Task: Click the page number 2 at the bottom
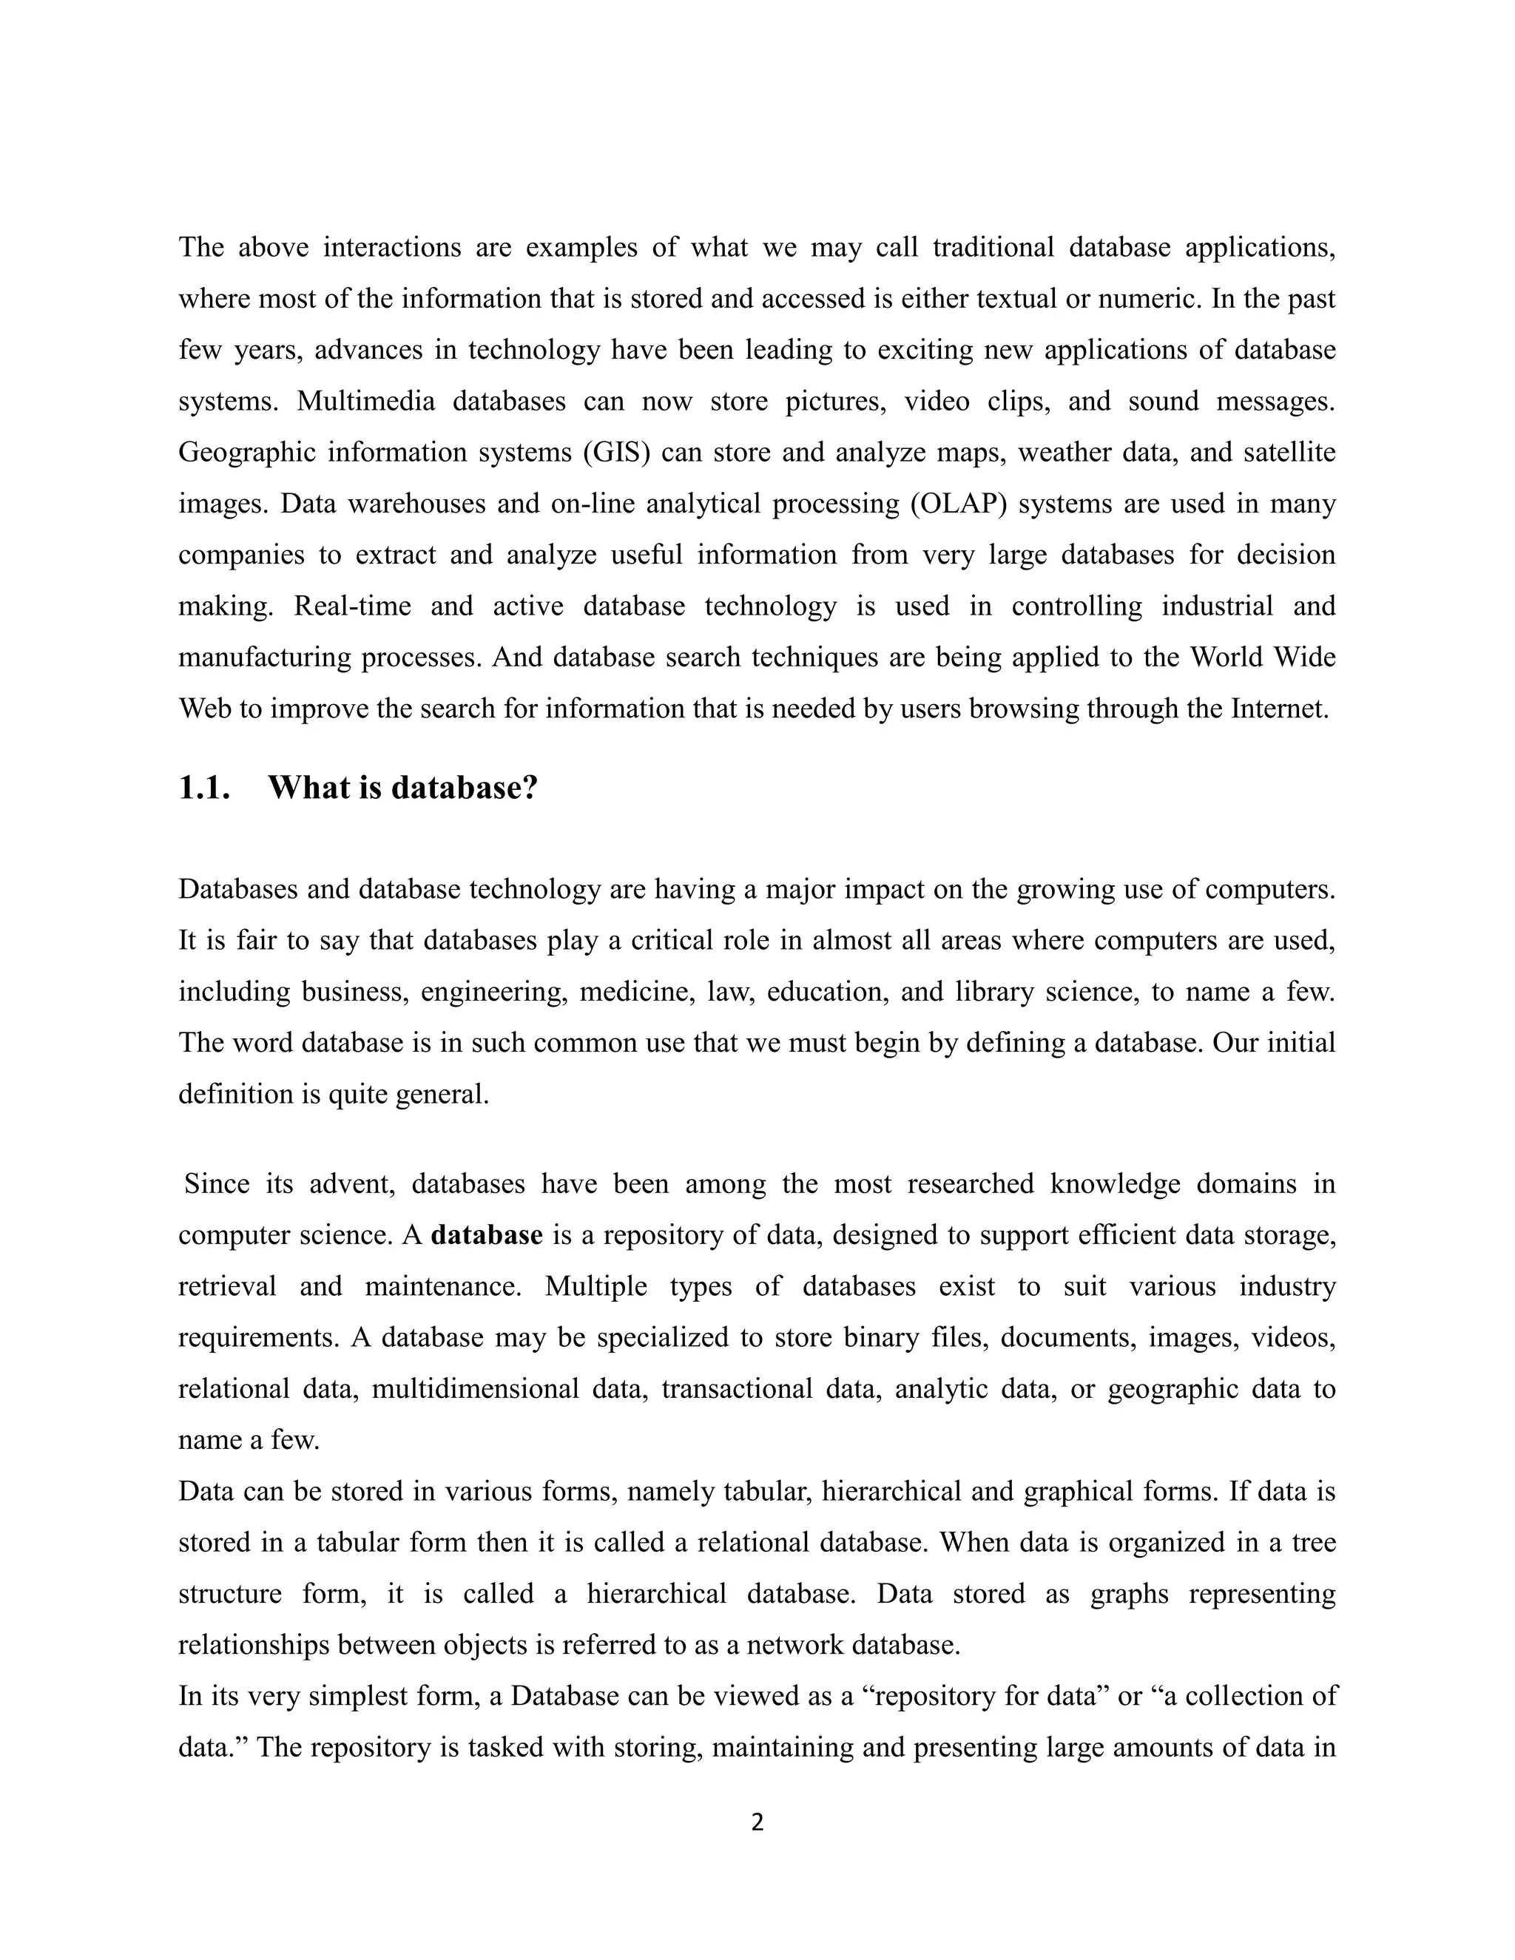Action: [x=757, y=1822]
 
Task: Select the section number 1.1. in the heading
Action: [x=205, y=788]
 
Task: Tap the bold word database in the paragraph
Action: [x=487, y=1236]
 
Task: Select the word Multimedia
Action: [x=365, y=401]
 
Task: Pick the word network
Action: [x=794, y=1645]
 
